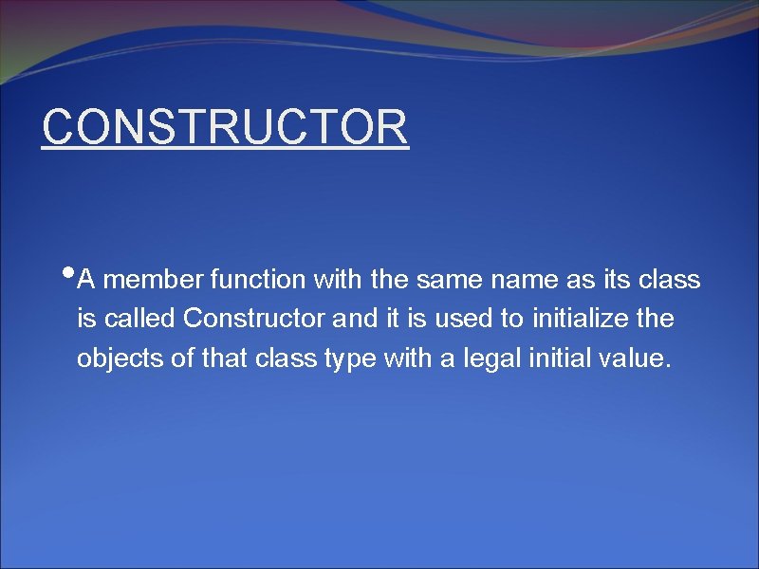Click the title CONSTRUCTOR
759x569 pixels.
[x=225, y=127]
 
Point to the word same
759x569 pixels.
[x=441, y=280]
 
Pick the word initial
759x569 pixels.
[x=535, y=359]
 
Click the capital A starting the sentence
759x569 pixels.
[x=86, y=280]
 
